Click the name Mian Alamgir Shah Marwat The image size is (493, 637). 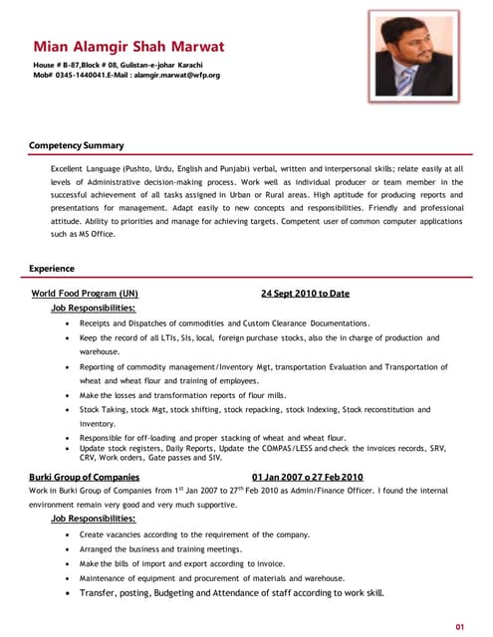128,47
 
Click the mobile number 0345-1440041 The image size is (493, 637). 86,76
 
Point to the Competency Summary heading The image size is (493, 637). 76,146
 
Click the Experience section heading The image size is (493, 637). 52,269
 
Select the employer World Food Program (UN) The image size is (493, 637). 86,295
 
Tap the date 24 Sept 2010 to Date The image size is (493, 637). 305,295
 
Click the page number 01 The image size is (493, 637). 460,626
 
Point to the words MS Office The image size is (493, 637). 98,234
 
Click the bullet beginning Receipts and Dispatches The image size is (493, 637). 224,323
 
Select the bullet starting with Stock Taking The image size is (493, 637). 254,409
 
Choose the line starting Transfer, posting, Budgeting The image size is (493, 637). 231,593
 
